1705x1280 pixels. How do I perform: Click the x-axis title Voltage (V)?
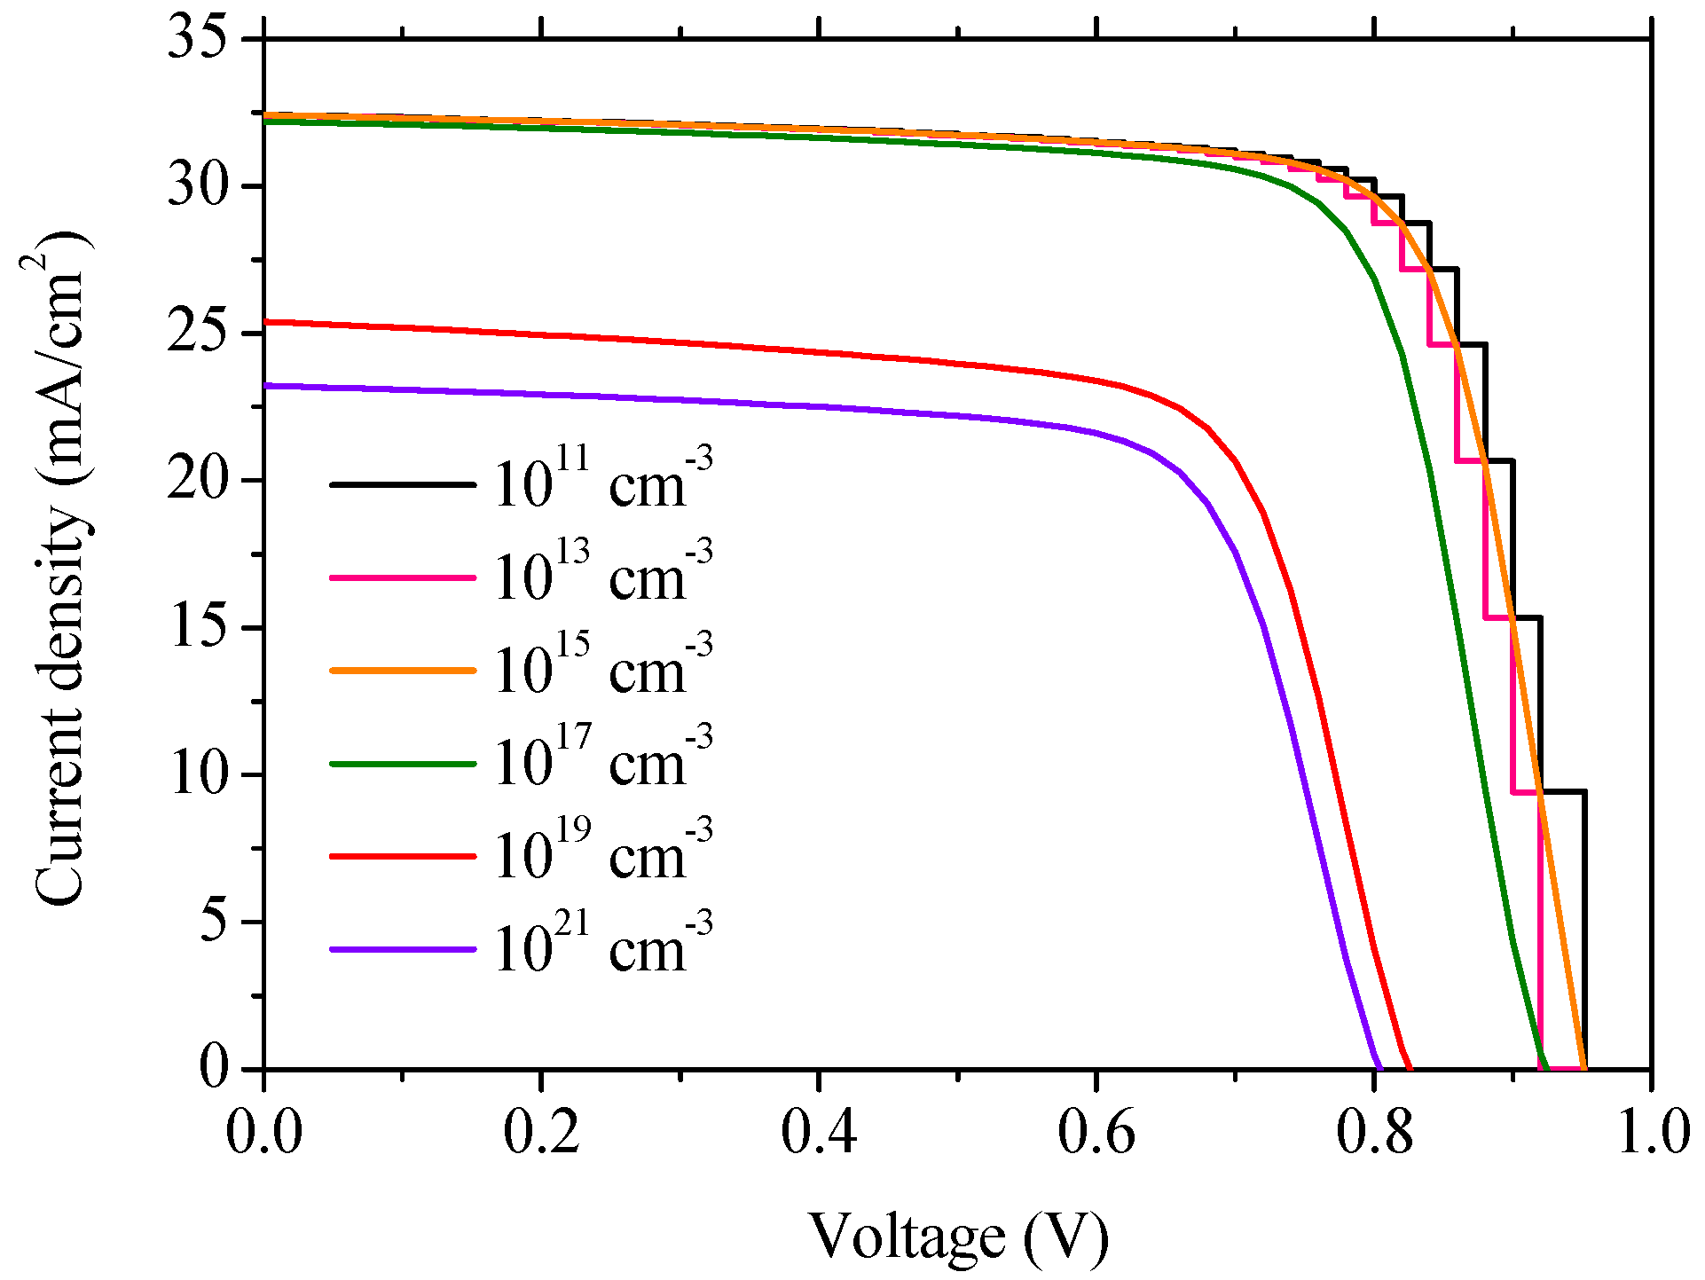958,1235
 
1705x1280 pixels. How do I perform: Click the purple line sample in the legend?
404,949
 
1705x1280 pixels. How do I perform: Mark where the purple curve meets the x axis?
1380,1068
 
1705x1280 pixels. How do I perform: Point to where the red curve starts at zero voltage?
266,322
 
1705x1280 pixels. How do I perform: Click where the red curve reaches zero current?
1410,1068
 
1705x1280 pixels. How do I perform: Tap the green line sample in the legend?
404,763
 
